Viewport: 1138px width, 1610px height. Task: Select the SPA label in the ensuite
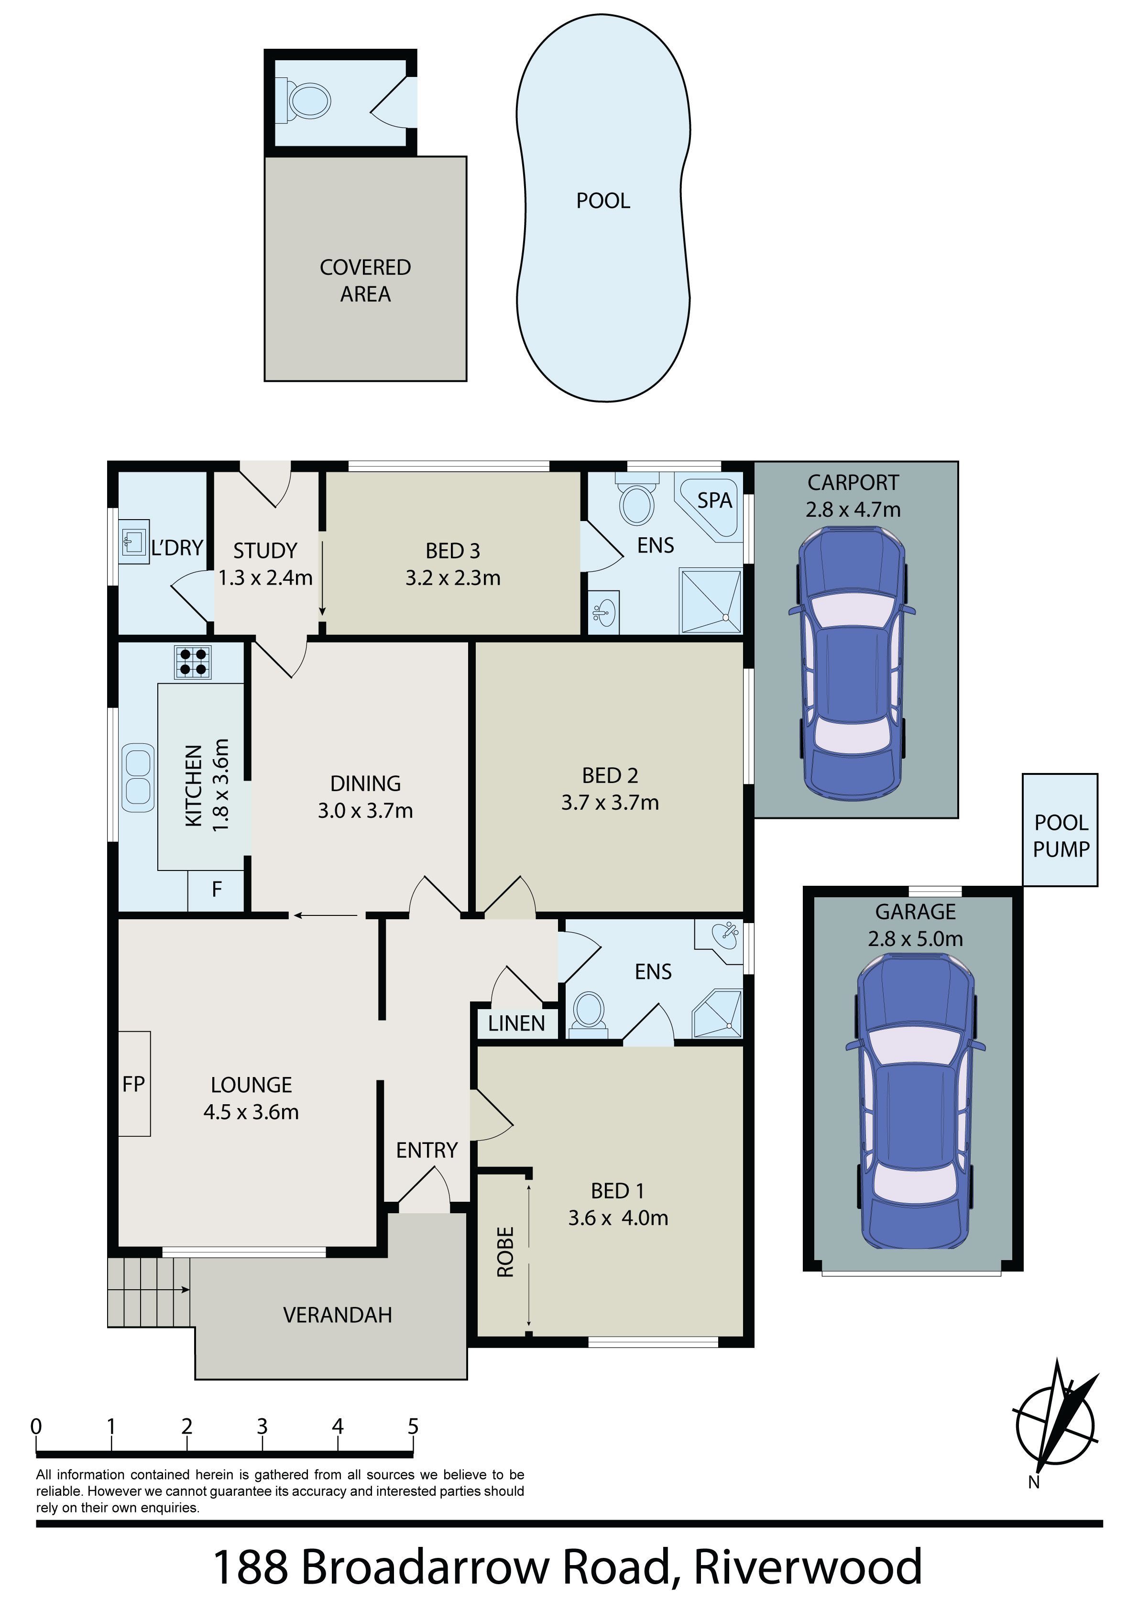coord(714,500)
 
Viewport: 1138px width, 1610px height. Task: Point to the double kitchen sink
coord(138,778)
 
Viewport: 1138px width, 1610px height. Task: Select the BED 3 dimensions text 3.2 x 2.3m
coord(453,578)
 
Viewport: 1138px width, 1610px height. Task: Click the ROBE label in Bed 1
coord(505,1251)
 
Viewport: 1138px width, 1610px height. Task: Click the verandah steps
coord(149,1292)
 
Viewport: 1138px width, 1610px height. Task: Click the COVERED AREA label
coord(365,281)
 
